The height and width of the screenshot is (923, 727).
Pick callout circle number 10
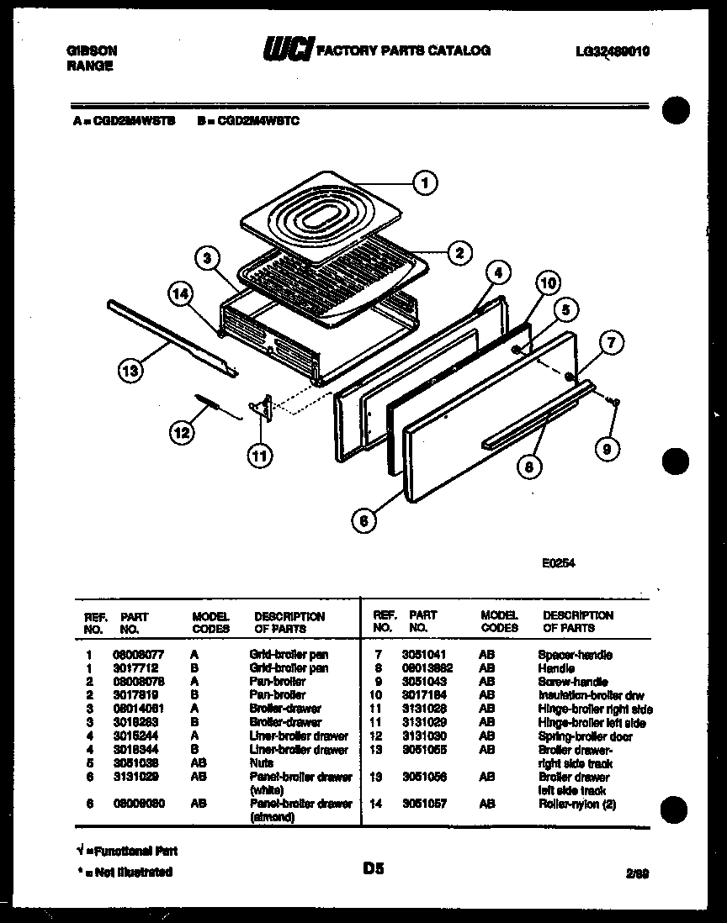click(547, 284)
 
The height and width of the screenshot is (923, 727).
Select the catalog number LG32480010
click(612, 51)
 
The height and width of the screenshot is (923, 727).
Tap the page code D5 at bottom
click(374, 870)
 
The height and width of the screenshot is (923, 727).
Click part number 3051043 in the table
click(426, 682)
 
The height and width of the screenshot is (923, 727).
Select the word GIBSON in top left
click(91, 50)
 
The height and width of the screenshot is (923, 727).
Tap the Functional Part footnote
click(122, 852)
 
